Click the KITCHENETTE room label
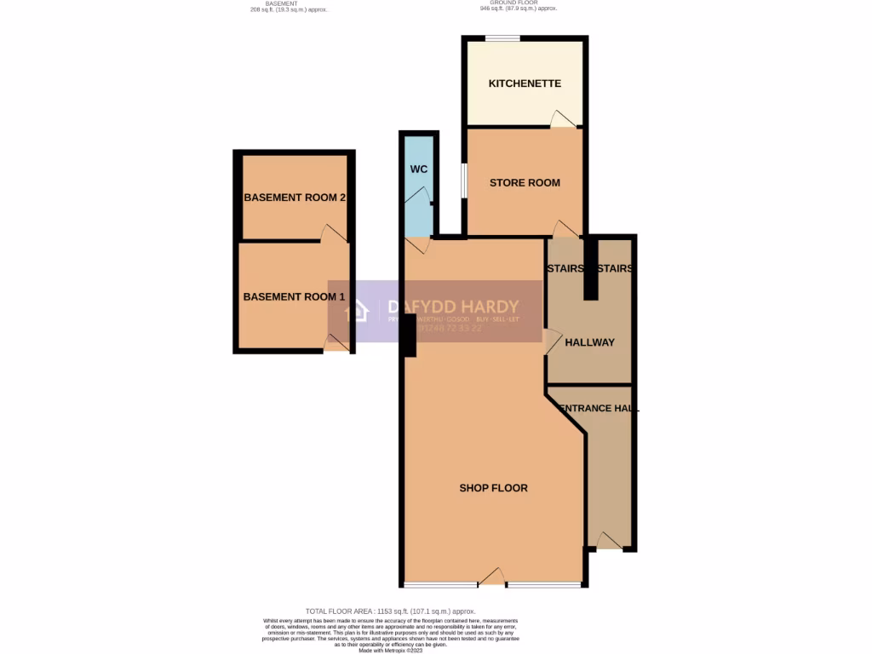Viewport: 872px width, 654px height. (x=525, y=83)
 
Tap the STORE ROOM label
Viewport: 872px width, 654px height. (x=525, y=182)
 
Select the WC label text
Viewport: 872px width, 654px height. (x=418, y=169)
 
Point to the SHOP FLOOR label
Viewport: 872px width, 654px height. (x=493, y=488)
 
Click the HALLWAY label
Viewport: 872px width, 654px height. (x=590, y=342)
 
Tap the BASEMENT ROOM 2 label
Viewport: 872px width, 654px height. (x=295, y=198)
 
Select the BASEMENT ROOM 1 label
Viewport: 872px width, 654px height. (x=295, y=297)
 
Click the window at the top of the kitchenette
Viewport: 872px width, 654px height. (x=502, y=37)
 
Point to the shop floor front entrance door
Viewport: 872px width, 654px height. (x=492, y=579)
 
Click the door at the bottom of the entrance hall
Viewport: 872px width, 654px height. (x=607, y=541)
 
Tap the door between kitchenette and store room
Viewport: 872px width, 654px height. (x=561, y=120)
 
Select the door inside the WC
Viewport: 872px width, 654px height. (x=417, y=197)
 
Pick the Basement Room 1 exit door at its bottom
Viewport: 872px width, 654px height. (x=336, y=342)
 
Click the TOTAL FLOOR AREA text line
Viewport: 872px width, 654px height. (x=391, y=611)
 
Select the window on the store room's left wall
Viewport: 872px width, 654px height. (x=464, y=180)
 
